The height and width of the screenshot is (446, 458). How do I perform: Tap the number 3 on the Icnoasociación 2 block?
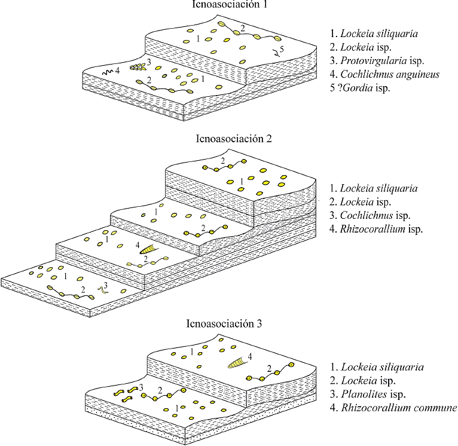tap(105, 285)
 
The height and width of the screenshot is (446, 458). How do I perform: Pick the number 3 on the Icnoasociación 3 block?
tap(141, 388)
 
